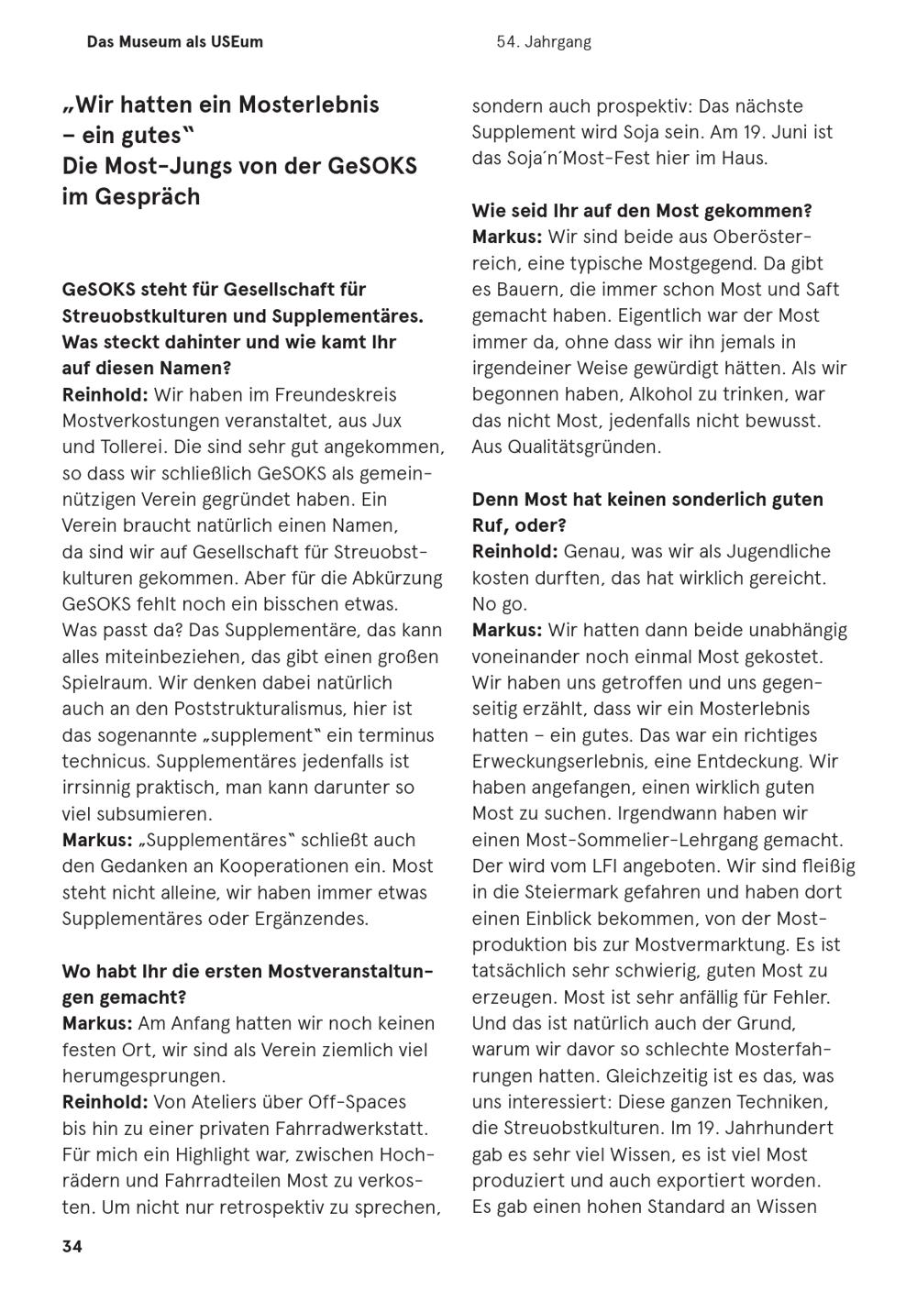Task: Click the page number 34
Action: pyautogui.click(x=72, y=1246)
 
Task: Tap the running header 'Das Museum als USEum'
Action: pyautogui.click(x=174, y=42)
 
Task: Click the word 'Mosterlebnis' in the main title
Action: pyautogui.click(x=309, y=105)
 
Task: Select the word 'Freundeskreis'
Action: pyautogui.click(x=337, y=395)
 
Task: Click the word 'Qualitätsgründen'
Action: pyautogui.click(x=566, y=447)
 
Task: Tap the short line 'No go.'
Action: pyautogui.click(x=500, y=604)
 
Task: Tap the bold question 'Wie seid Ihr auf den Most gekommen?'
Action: pyautogui.click(x=642, y=211)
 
